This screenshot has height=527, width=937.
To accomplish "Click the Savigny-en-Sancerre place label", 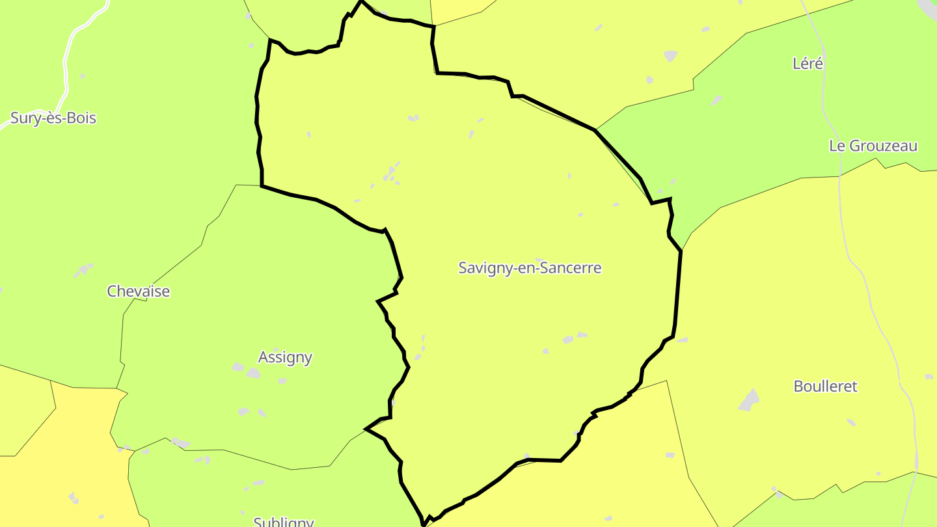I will [x=530, y=267].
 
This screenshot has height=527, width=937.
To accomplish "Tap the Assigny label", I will [x=285, y=357].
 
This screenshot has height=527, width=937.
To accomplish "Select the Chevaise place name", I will [x=138, y=291].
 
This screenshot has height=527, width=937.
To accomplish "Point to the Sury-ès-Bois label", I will [x=53, y=118].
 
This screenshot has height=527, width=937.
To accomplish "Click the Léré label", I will [x=808, y=64].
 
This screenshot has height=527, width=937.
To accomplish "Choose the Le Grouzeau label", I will [x=873, y=146].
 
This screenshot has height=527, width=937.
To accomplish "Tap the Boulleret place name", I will [x=825, y=386].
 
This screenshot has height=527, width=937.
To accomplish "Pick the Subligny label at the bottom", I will [x=284, y=522].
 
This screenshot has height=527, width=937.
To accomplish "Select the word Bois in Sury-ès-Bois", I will [x=83, y=118].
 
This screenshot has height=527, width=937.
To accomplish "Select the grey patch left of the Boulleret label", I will [x=749, y=400].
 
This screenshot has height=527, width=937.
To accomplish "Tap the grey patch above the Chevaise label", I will [x=84, y=269].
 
